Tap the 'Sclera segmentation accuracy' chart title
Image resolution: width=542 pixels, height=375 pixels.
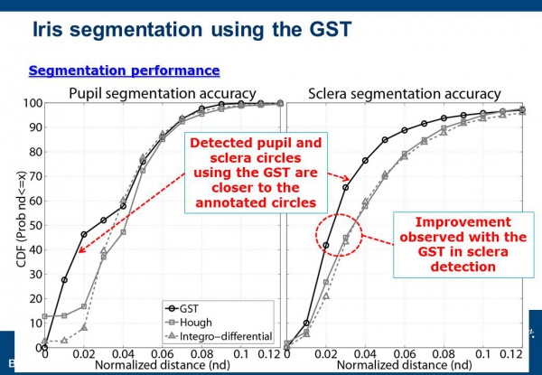coord(405,92)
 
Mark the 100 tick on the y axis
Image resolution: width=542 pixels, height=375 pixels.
coord(32,103)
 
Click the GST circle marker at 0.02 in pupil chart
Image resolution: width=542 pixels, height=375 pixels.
coord(84,234)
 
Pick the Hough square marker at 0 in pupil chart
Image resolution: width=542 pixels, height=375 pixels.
coord(46,316)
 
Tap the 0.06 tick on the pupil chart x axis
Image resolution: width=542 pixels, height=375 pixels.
coord(163,355)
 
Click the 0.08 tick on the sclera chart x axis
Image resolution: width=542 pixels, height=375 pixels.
coord(443,355)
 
